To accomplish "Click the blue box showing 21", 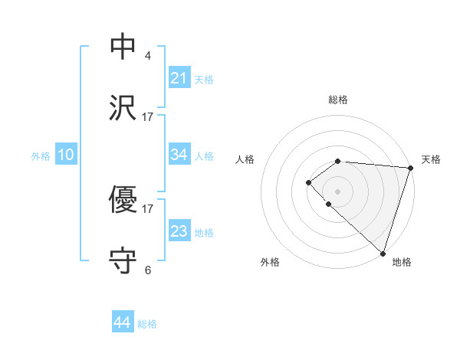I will pos(179,77).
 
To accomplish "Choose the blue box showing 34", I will pos(179,155).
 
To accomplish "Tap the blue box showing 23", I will pos(179,231).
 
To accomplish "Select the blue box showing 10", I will pos(65,155).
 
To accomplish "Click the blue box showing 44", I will pos(123,322).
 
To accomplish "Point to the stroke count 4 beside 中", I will pos(148,55).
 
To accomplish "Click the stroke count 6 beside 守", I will pos(148,270).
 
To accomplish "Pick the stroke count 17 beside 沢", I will pos(148,116).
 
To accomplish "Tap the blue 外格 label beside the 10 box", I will pos(41,156).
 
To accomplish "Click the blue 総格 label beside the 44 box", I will pos(147,324).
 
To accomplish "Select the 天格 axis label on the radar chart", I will pos(431,159).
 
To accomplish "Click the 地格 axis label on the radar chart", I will pos(402,262).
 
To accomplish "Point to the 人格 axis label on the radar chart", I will pos(245,159).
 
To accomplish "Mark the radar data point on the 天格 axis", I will pos(410,167).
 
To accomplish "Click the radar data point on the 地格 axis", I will pos(383,253).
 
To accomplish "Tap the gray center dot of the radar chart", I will pos(337,191).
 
